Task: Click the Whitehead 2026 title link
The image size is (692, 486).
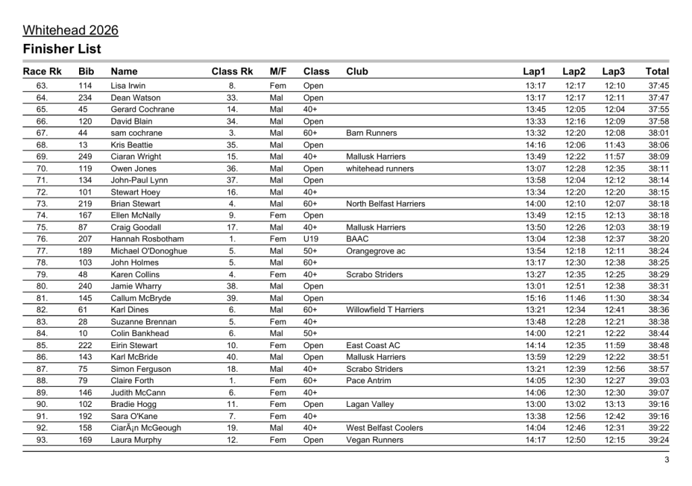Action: [x=70, y=30]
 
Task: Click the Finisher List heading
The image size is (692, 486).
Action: [x=61, y=49]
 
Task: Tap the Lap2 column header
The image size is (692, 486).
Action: [x=574, y=71]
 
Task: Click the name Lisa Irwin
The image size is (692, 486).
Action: [x=128, y=86]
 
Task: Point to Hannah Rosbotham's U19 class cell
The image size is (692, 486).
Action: [x=311, y=239]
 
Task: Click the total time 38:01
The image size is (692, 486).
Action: [x=658, y=133]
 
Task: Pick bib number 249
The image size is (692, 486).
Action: [x=85, y=157]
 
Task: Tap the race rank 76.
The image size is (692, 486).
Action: [x=42, y=239]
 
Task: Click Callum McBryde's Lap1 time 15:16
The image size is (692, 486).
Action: [x=535, y=298]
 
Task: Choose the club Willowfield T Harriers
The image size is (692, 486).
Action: [x=385, y=310]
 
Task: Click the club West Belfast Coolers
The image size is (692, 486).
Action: [x=384, y=428]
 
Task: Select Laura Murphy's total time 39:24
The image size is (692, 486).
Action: [x=658, y=440]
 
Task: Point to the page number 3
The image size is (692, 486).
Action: [x=666, y=461]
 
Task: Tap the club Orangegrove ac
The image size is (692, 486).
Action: [x=375, y=251]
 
